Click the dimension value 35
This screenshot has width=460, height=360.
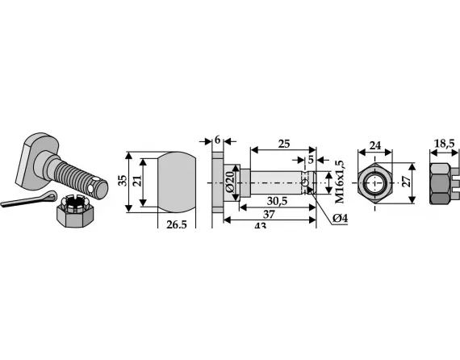pyautogui.click(x=123, y=181)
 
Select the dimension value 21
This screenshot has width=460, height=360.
pyautogui.click(x=137, y=181)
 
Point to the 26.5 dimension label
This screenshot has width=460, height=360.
pyautogui.click(x=177, y=224)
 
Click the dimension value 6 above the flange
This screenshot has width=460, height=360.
pyautogui.click(x=217, y=140)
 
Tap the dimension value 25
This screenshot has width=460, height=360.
pyautogui.click(x=284, y=144)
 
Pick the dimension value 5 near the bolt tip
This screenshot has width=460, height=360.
pyautogui.click(x=311, y=160)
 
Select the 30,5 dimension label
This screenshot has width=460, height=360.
pyautogui.click(x=278, y=201)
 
